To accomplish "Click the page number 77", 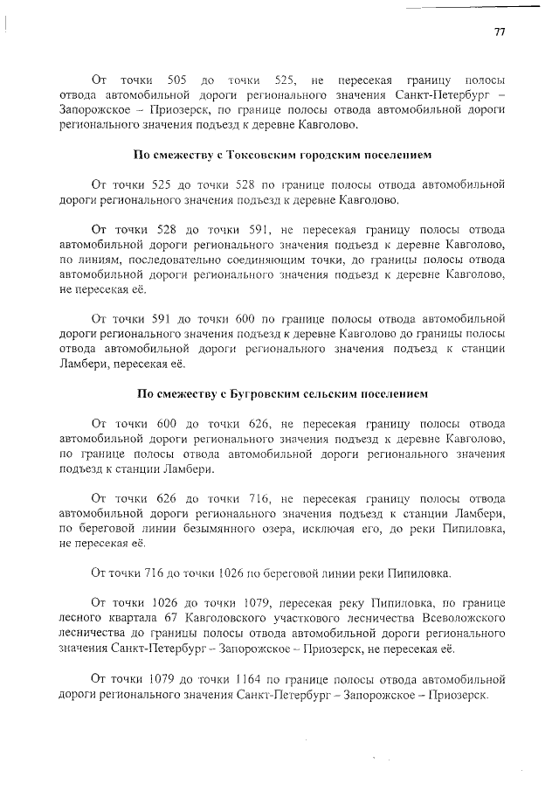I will (x=500, y=32).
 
